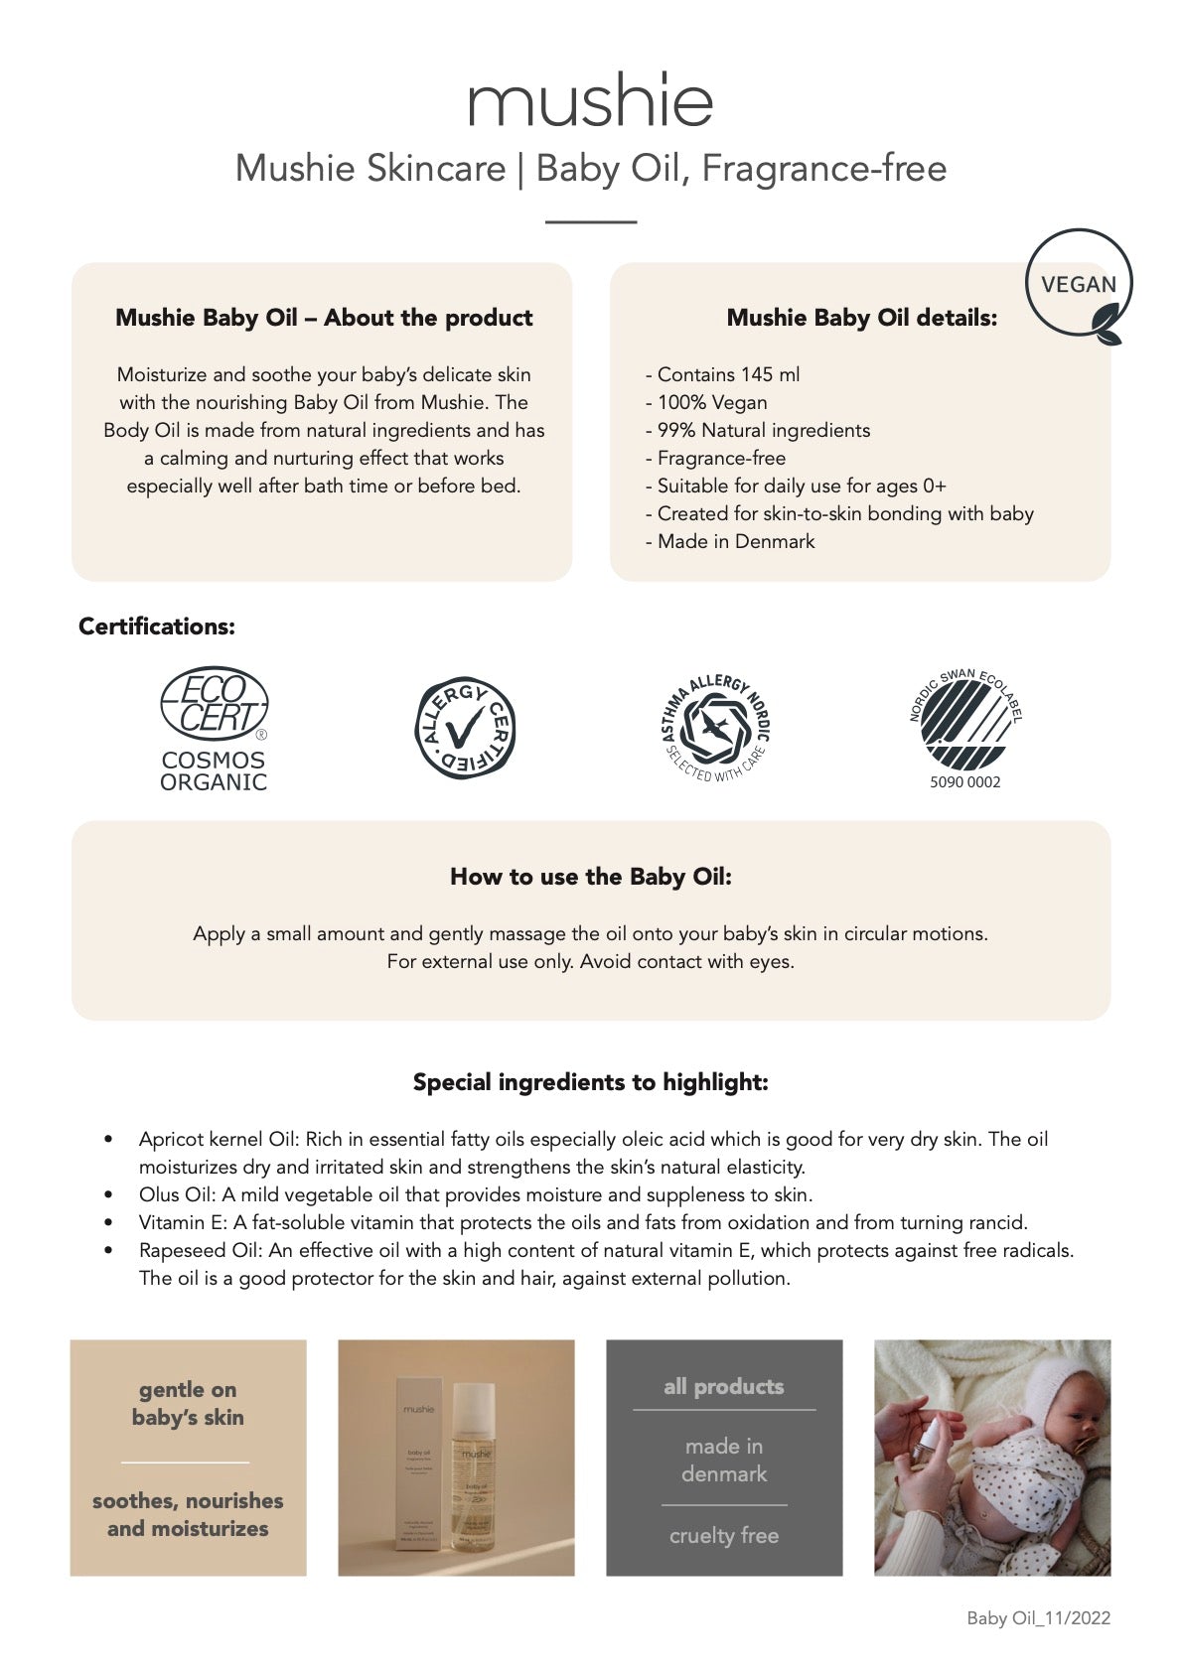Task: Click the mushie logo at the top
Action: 590,99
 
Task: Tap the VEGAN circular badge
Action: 1078,285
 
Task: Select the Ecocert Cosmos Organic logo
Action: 214,729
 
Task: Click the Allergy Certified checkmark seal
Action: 464,728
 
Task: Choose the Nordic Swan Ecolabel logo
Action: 964,720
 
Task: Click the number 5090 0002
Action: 964,782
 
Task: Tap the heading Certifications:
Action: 157,627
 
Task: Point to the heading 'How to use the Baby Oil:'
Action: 590,877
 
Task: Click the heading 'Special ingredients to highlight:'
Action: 590,1082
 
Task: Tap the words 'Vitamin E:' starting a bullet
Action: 184,1222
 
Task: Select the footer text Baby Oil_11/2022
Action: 1038,1618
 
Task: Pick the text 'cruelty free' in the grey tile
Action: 723,1536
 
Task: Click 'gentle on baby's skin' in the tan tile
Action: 188,1403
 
